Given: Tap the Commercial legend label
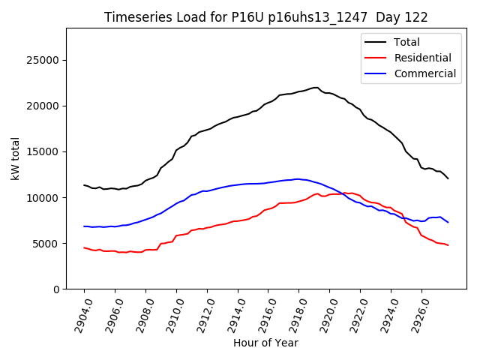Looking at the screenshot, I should [424, 73].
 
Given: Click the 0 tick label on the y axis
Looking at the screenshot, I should [56, 289].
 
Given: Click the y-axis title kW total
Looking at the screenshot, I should [16, 158].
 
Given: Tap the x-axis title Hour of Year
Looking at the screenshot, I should [265, 343].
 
